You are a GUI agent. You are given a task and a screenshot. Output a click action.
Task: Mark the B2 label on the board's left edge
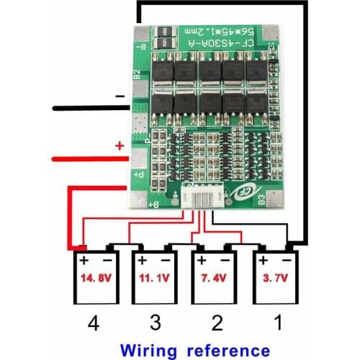tap(136, 78)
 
